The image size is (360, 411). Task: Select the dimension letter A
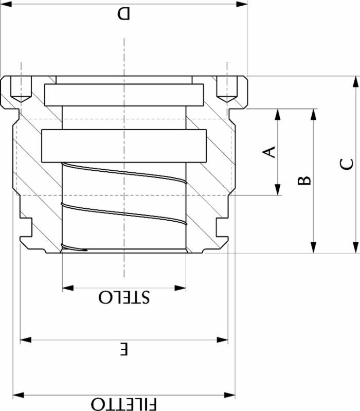click(x=269, y=152)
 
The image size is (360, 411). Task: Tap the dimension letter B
click(x=304, y=181)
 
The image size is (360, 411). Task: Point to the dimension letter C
click(x=347, y=164)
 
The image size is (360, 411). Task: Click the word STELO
click(x=123, y=297)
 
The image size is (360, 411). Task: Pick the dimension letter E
click(x=123, y=350)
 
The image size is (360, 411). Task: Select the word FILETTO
click(x=123, y=403)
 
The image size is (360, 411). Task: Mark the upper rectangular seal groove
click(x=123, y=94)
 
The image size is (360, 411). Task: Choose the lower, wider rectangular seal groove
click(x=123, y=146)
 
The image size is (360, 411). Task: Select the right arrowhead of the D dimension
click(x=243, y=4)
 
